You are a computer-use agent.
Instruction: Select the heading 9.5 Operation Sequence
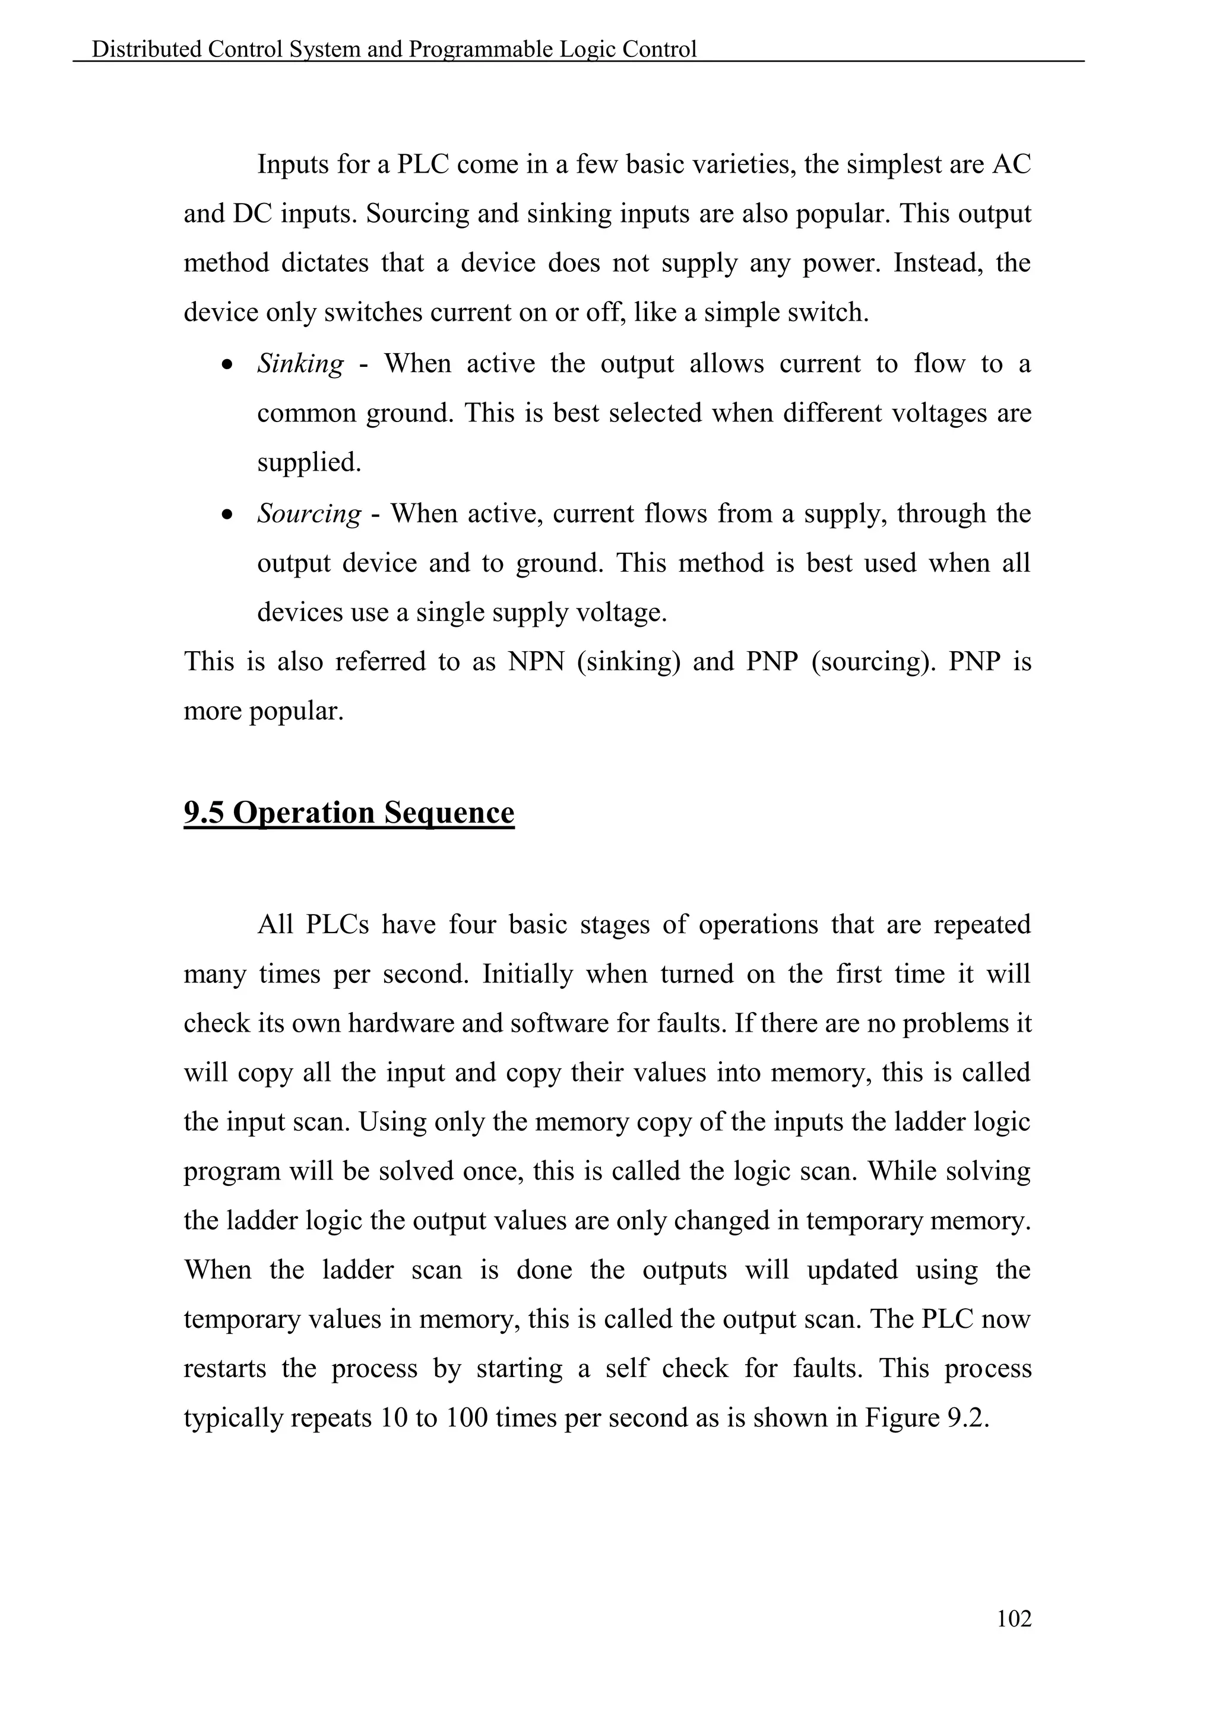coord(349,813)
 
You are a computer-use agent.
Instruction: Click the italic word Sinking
coord(300,364)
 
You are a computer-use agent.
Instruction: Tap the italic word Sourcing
coord(309,513)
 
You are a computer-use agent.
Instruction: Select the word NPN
coord(536,662)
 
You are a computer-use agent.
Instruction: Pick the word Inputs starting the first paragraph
coord(293,164)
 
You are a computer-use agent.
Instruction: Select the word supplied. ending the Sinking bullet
coord(309,462)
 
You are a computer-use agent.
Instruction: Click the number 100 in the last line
coord(467,1418)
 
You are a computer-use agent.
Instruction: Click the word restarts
coord(224,1369)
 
